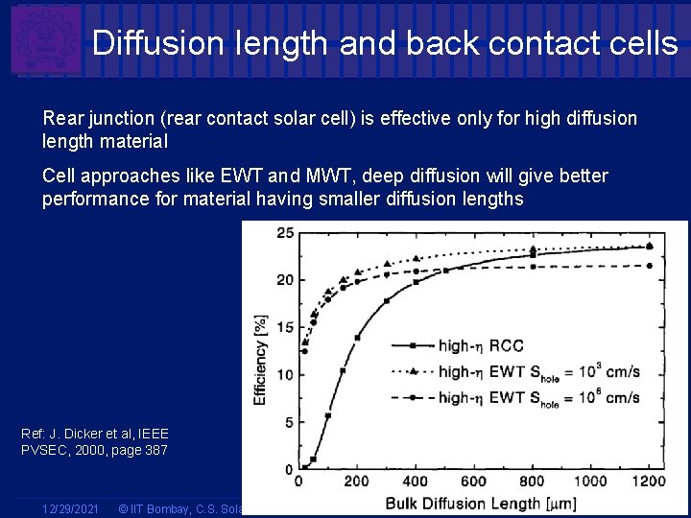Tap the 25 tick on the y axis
pyautogui.click(x=285, y=233)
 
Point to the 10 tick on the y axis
pyautogui.click(x=285, y=375)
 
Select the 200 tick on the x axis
pyautogui.click(x=356, y=482)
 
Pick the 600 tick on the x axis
pyautogui.click(x=473, y=482)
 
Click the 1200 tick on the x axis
pyautogui.click(x=649, y=482)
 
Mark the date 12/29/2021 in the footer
pyautogui.click(x=71, y=506)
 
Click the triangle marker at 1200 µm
pyautogui.click(x=650, y=246)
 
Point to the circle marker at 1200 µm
pyautogui.click(x=650, y=266)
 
